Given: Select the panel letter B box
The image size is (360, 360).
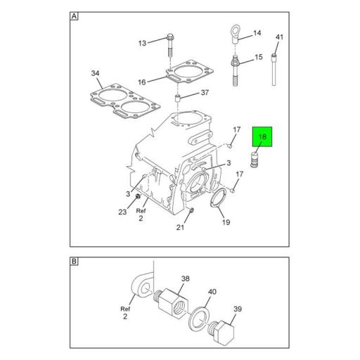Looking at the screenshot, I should tap(75, 262).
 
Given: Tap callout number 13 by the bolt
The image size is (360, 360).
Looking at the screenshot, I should tap(142, 44).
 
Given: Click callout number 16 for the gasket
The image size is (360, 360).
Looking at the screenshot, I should tap(142, 82).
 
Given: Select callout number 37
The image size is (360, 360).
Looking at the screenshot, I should tap(205, 93).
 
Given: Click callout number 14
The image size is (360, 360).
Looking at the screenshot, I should tap(257, 33).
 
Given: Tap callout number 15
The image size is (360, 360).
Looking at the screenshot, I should tap(258, 57).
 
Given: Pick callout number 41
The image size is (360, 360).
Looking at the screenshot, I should tap(278, 37).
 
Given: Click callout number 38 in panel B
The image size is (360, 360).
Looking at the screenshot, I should tap(186, 278).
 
